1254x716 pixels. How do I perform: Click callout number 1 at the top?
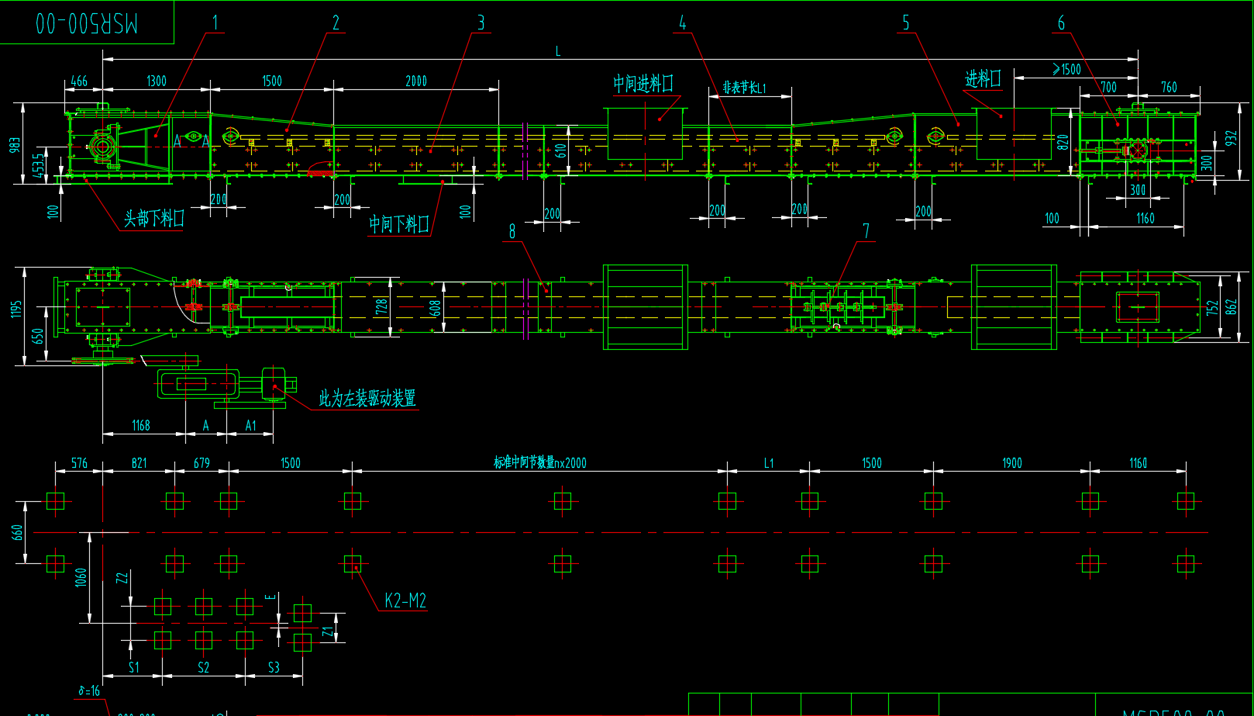[215, 23]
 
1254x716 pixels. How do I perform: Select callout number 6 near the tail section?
[1061, 23]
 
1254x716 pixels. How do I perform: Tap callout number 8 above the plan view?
[512, 231]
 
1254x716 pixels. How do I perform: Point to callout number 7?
[866, 231]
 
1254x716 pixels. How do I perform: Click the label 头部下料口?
[154, 219]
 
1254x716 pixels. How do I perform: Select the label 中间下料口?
[398, 224]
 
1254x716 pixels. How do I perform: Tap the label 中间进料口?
[643, 84]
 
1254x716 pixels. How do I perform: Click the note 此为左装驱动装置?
[367, 399]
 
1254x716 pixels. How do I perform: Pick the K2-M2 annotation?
[405, 600]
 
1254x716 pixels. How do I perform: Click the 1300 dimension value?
[157, 81]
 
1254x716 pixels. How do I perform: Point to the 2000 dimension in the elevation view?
[416, 81]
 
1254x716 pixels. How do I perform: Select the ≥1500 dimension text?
[1066, 70]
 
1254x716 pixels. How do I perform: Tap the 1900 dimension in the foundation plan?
[1012, 463]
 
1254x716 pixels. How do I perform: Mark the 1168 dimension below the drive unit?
[141, 425]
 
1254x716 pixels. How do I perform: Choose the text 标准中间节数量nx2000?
[540, 463]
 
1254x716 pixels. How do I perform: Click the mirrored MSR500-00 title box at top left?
[86, 22]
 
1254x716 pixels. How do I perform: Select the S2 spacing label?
[203, 667]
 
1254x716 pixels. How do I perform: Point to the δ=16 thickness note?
[89, 690]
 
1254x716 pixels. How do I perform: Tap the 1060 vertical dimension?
[81, 577]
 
